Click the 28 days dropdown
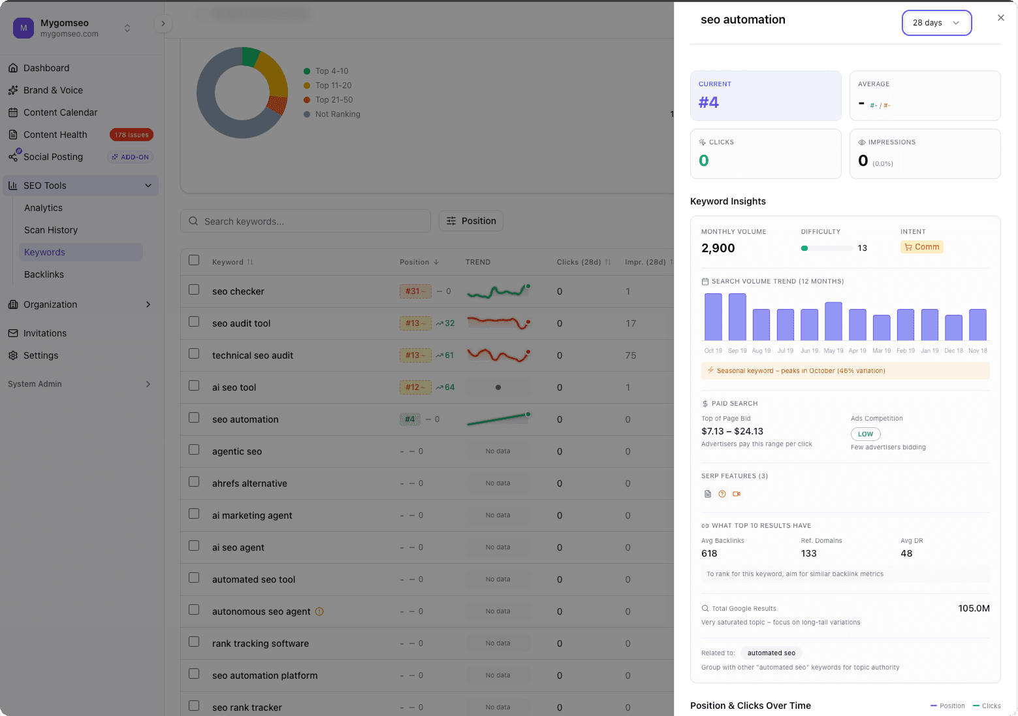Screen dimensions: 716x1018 pyautogui.click(x=936, y=23)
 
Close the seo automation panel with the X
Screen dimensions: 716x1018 pyautogui.click(x=1000, y=18)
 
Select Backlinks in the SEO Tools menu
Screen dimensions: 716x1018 pyautogui.click(x=44, y=274)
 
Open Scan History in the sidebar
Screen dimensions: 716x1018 pyautogui.click(x=51, y=230)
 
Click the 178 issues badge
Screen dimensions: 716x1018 pyautogui.click(x=131, y=135)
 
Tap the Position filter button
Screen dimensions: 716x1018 pyautogui.click(x=471, y=221)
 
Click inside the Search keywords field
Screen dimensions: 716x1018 pyautogui.click(x=313, y=221)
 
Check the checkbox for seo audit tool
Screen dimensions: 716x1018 pyautogui.click(x=194, y=322)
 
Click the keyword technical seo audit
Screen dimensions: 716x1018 pyautogui.click(x=253, y=355)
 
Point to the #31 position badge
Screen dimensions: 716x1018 pyautogui.click(x=415, y=291)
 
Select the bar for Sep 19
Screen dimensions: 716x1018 pyautogui.click(x=737, y=317)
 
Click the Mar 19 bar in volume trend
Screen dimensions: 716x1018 pyautogui.click(x=882, y=327)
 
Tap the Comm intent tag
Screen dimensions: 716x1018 pyautogui.click(x=921, y=247)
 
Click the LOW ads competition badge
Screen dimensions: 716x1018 pyautogui.click(x=865, y=434)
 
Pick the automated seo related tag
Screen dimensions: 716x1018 pyautogui.click(x=771, y=653)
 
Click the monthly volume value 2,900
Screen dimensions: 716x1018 pyautogui.click(x=718, y=248)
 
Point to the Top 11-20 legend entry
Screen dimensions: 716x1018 pyautogui.click(x=333, y=86)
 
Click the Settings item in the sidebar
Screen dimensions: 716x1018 pyautogui.click(x=40, y=355)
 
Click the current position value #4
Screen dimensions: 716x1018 pyautogui.click(x=708, y=103)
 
